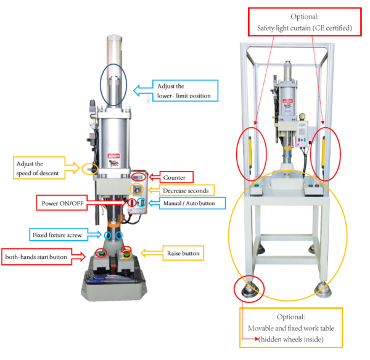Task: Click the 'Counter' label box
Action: (x=176, y=177)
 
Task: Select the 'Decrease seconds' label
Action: (x=186, y=190)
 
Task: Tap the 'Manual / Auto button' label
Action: (x=189, y=203)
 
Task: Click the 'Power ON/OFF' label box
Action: (x=62, y=203)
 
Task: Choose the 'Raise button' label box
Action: (x=183, y=253)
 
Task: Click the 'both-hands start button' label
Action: (x=36, y=257)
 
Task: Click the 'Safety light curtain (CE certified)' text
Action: (x=305, y=28)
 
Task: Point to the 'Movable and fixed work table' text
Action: (x=291, y=328)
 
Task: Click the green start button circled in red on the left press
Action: (x=102, y=253)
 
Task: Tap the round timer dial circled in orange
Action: (x=137, y=190)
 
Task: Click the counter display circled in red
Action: (x=138, y=177)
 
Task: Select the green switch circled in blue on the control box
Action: (x=142, y=203)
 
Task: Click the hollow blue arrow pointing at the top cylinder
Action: (x=143, y=91)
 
